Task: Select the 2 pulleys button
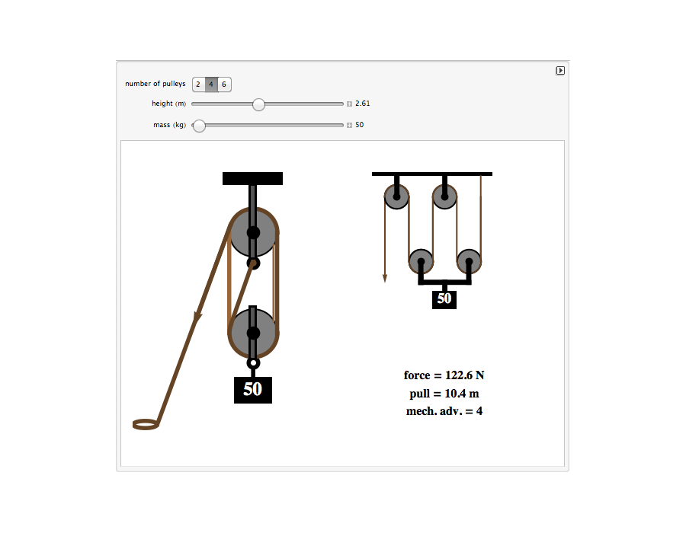point(198,85)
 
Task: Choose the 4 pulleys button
point(211,85)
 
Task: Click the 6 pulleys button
point(224,85)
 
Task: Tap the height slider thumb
point(258,104)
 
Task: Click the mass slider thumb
point(199,126)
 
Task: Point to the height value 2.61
point(362,104)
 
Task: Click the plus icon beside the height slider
point(349,104)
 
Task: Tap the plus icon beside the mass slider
point(349,126)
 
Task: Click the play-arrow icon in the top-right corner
point(560,70)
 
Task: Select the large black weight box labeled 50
point(253,390)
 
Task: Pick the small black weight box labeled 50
point(444,300)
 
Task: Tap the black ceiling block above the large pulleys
point(252,178)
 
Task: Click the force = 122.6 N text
point(444,375)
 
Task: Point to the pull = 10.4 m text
point(444,394)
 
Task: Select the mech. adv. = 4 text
point(444,411)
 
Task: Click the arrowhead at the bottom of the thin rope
point(385,278)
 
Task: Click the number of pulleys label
point(155,84)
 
